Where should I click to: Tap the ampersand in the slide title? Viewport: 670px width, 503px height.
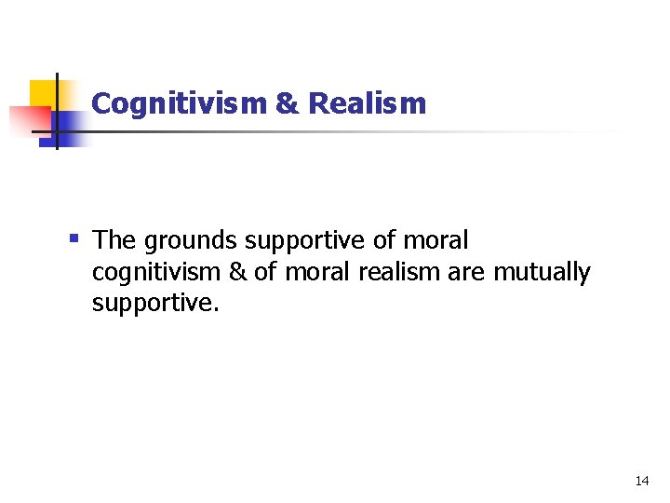coord(288,103)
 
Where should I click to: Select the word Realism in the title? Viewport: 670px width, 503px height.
coord(367,103)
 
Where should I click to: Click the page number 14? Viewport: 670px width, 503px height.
coord(641,481)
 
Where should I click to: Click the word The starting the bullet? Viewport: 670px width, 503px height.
coord(114,240)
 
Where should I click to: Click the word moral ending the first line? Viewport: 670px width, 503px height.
coord(435,240)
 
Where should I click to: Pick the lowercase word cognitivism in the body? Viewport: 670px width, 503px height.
coord(156,273)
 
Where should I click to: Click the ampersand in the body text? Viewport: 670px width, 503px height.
coord(239,273)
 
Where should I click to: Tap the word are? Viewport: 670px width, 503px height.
coord(465,273)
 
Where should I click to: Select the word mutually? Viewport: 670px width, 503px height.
coord(542,273)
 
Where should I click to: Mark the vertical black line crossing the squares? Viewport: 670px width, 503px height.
coord(57,112)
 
